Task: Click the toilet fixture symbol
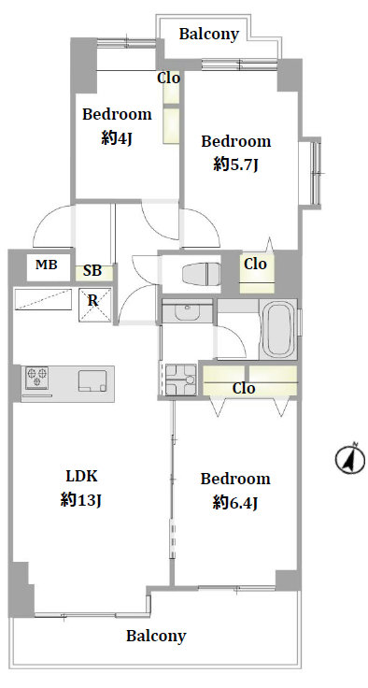click(203, 273)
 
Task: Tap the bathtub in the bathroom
click(278, 329)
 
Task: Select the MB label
click(47, 265)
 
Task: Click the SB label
click(92, 271)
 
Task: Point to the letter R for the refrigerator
click(93, 301)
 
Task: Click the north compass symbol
click(350, 459)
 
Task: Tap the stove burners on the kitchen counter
click(36, 378)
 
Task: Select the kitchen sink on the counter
click(92, 380)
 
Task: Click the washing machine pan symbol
click(180, 380)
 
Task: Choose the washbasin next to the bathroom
click(188, 311)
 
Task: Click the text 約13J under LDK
click(81, 499)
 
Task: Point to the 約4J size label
click(117, 138)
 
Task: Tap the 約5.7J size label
click(235, 165)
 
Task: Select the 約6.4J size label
click(235, 503)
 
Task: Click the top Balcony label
click(209, 35)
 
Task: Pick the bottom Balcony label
click(156, 636)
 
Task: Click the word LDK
click(81, 475)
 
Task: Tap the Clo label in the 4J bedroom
click(169, 79)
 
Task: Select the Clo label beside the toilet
click(255, 264)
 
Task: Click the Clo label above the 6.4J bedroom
click(244, 388)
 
